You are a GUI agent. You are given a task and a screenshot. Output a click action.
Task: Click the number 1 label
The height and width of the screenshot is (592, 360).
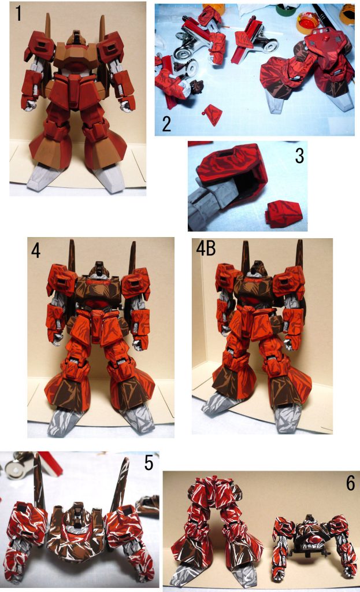coord(18,13)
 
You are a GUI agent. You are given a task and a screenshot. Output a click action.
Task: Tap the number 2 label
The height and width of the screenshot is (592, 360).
coord(166,123)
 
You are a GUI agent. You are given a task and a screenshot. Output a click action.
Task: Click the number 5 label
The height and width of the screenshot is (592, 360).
coord(149,464)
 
